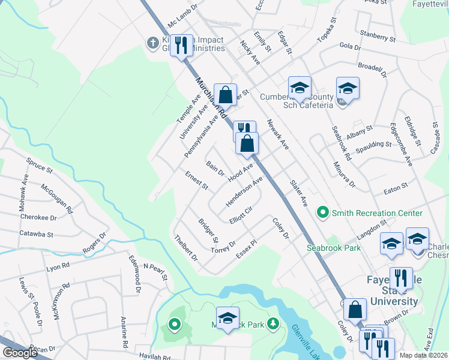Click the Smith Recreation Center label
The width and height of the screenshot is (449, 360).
click(x=377, y=213)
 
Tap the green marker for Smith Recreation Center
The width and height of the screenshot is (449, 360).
click(x=323, y=212)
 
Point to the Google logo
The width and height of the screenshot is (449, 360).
click(x=20, y=353)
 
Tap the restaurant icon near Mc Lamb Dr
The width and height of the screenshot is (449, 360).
click(x=182, y=46)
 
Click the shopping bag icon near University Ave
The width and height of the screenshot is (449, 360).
click(x=225, y=95)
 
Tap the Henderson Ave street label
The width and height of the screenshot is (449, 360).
click(x=244, y=191)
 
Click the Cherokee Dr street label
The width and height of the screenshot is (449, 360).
click(x=37, y=218)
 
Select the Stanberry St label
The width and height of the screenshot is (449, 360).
click(x=377, y=36)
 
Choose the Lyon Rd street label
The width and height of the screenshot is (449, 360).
click(x=58, y=264)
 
